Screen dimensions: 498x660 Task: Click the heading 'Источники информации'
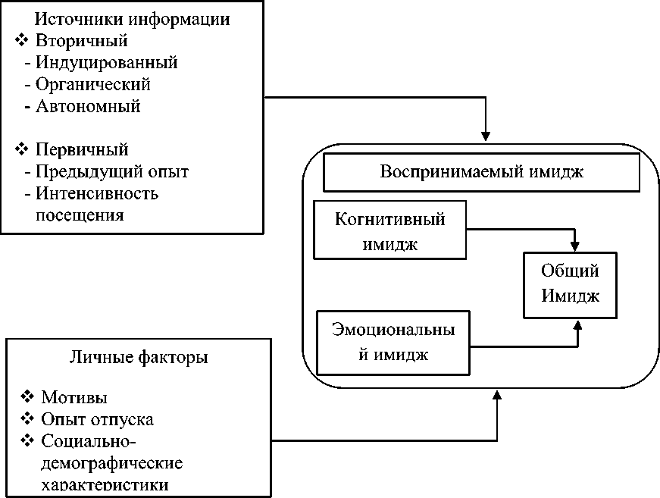click(x=133, y=19)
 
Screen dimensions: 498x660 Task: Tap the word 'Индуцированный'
click(x=106, y=62)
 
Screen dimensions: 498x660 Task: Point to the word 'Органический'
click(x=92, y=83)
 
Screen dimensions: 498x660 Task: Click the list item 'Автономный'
click(x=88, y=105)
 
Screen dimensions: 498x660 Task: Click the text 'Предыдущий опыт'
click(x=112, y=171)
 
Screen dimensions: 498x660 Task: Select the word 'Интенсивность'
click(x=97, y=193)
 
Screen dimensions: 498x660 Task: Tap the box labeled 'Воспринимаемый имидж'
click(x=482, y=174)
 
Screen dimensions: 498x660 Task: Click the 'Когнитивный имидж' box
click(x=389, y=232)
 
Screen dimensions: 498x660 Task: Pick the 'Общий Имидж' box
click(x=570, y=284)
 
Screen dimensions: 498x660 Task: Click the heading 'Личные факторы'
click(x=139, y=356)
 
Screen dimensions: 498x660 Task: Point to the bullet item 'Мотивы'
click(x=74, y=397)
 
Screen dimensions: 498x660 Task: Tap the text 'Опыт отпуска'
click(x=99, y=419)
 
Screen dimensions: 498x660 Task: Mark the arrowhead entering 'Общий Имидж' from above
click(x=576, y=246)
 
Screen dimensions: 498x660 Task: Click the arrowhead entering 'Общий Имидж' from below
click(x=577, y=324)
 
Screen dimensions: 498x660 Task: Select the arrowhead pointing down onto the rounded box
click(x=486, y=136)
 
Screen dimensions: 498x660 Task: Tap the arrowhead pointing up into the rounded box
click(x=497, y=393)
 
